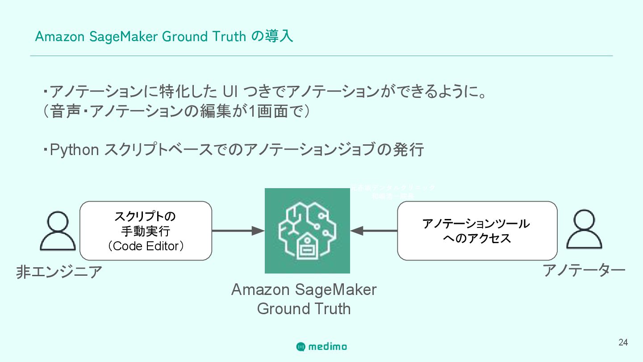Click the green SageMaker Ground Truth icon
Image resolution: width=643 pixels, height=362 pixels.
pos(307,231)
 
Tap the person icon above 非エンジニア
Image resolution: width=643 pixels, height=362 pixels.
pos(57,231)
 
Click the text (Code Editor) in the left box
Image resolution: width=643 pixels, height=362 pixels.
pos(146,246)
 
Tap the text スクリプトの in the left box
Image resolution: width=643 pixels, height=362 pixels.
pos(146,217)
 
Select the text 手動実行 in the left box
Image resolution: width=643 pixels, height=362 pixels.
pos(146,232)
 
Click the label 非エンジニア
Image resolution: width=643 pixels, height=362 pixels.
pos(59,272)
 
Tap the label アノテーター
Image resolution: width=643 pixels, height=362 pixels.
pos(584,270)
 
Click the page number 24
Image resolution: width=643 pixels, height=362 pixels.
pos(623,343)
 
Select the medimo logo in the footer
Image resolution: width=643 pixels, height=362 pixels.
pos(321,346)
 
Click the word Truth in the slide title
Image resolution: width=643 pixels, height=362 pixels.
pos(229,36)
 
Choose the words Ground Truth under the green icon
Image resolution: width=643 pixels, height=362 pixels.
pos(304,309)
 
